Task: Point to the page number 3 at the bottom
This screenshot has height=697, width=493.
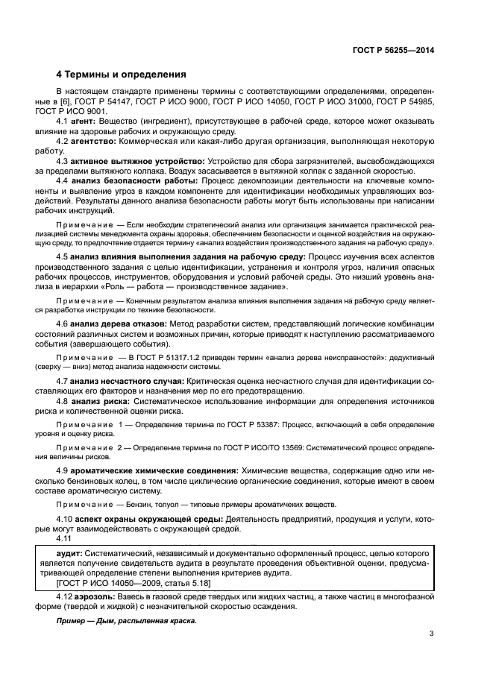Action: (x=431, y=634)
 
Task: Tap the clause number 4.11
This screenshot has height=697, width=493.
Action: (x=66, y=538)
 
